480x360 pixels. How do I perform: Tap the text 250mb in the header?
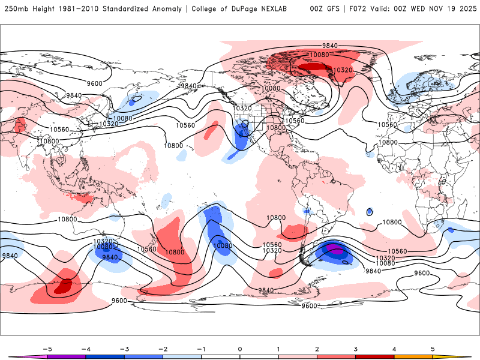[x=15, y=9]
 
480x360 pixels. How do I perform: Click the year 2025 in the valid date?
[x=464, y=9]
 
